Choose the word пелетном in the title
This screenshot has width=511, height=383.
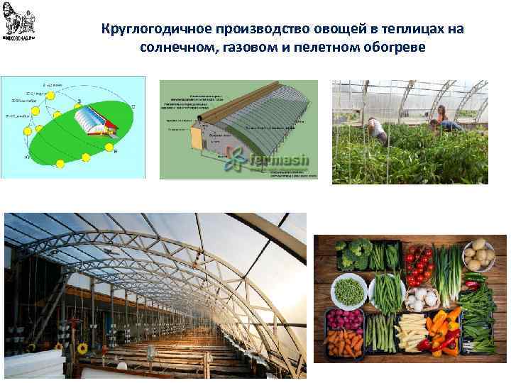click(330, 49)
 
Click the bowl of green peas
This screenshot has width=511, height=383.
click(349, 290)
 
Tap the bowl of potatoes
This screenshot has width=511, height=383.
click(479, 255)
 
